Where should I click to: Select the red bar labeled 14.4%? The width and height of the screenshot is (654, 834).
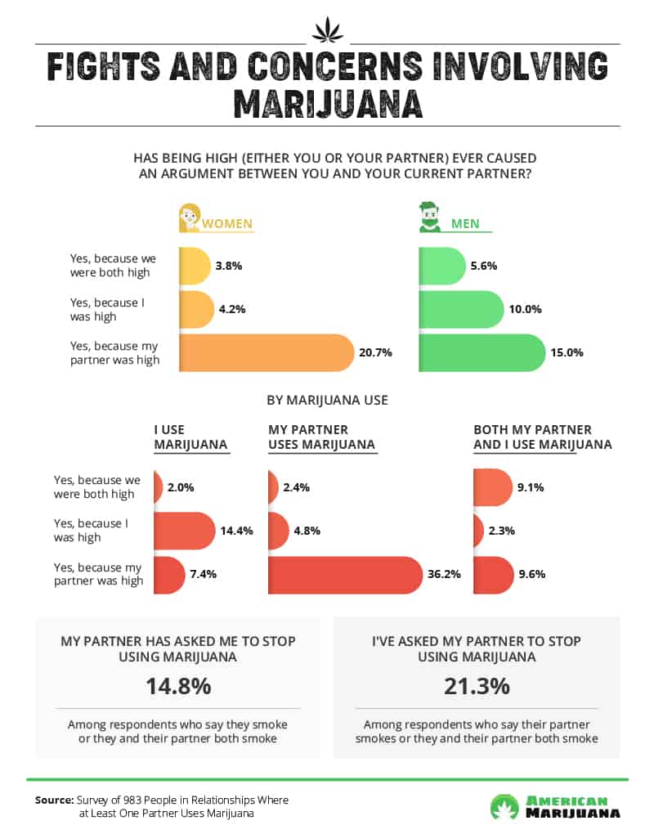click(x=183, y=531)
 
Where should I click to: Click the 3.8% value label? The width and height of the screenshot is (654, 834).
click(x=230, y=267)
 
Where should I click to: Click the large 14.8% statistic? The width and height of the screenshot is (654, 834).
click(x=178, y=686)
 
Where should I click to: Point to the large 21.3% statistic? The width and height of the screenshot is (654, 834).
click(x=477, y=686)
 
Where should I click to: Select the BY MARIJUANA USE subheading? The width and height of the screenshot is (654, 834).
click(x=327, y=400)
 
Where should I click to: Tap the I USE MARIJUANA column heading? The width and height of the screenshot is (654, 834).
click(x=190, y=437)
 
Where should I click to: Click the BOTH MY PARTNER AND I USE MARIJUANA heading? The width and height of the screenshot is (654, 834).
click(x=543, y=437)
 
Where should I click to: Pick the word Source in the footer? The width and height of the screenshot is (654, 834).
click(x=54, y=800)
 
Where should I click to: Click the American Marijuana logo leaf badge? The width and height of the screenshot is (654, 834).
click(x=504, y=806)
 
